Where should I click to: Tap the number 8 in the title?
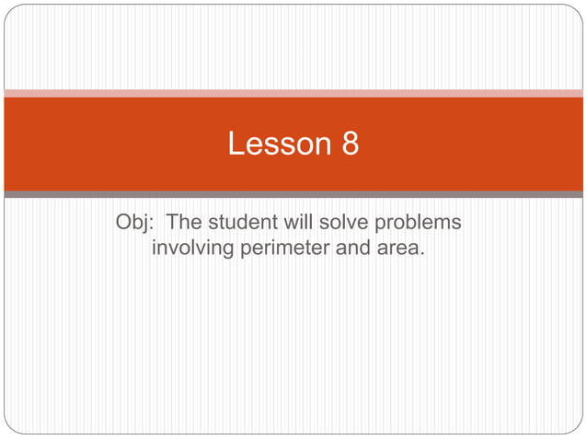(x=350, y=144)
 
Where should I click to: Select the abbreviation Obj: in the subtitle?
(x=135, y=223)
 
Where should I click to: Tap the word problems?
(x=423, y=224)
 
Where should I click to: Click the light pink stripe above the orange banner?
(x=293, y=93)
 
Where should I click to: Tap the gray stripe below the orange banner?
(x=293, y=194)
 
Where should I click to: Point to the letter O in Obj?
(x=124, y=223)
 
